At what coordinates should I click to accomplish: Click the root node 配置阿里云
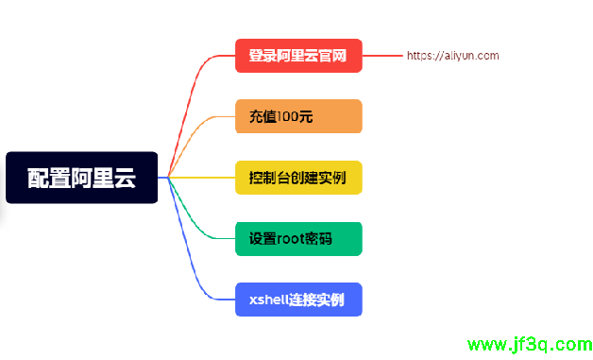81,178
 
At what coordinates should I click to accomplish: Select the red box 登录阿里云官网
298,56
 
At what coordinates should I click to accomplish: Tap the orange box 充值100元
298,116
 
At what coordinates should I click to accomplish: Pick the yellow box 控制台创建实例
298,178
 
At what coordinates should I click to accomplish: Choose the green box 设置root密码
298,239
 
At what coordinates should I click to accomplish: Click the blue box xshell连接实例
298,300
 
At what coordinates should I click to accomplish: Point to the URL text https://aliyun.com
452,56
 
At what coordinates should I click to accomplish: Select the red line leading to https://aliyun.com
383,56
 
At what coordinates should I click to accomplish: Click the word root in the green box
292,239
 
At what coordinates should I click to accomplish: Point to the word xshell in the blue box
269,300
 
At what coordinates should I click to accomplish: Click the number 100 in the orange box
292,117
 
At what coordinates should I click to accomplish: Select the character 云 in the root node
124,178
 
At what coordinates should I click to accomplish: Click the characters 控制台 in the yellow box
269,178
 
